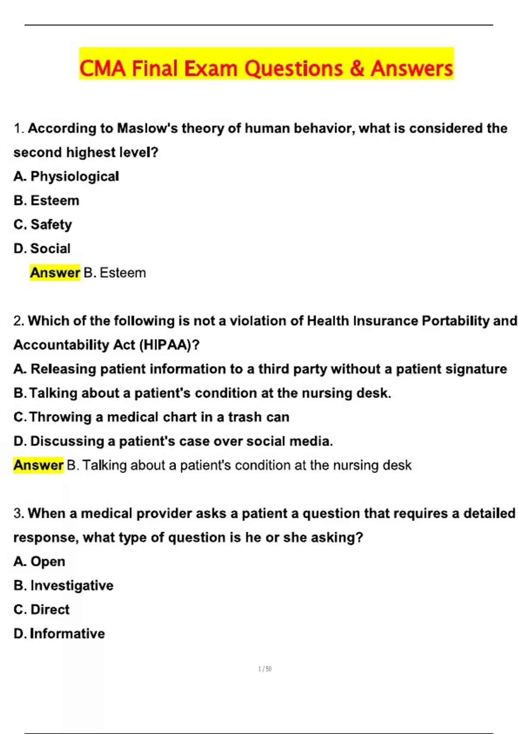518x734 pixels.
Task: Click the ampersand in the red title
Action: pyautogui.click(x=357, y=69)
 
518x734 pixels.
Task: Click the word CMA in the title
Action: pyautogui.click(x=102, y=69)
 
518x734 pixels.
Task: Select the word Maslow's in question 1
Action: pyautogui.click(x=147, y=128)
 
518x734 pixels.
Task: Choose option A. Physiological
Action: pyautogui.click(x=66, y=176)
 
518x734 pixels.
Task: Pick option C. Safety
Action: pyautogui.click(x=43, y=225)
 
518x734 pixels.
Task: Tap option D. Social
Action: pyautogui.click(x=42, y=249)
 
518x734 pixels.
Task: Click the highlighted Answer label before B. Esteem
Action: pyautogui.click(x=55, y=273)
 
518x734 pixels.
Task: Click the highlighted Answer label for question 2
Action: pyautogui.click(x=38, y=465)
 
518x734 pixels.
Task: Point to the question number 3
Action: pyautogui.click(x=19, y=513)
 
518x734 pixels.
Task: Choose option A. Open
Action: pyautogui.click(x=39, y=561)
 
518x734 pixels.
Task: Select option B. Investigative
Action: pyautogui.click(x=63, y=585)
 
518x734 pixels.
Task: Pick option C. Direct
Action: pyautogui.click(x=41, y=610)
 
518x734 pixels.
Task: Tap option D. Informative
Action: pyautogui.click(x=59, y=634)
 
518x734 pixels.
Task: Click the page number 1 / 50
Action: pyautogui.click(x=265, y=669)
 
